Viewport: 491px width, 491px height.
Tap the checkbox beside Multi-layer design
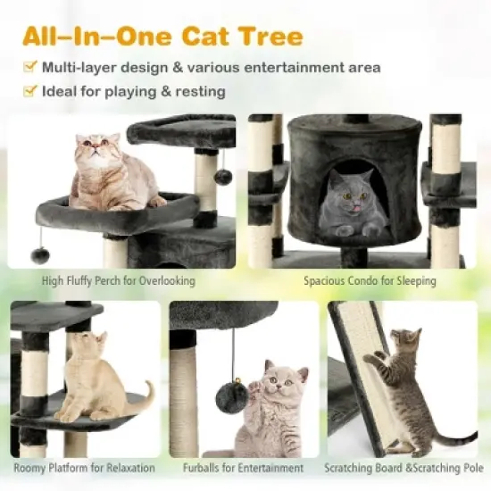click(29, 68)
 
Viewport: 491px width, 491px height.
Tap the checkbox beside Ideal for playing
click(29, 91)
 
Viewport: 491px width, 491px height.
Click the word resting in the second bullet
click(199, 91)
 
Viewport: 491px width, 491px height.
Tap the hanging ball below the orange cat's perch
click(39, 254)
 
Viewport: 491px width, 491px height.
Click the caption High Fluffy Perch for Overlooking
click(119, 281)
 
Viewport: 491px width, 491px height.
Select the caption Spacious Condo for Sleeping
click(370, 281)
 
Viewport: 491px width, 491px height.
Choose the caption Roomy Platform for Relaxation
click(85, 468)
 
